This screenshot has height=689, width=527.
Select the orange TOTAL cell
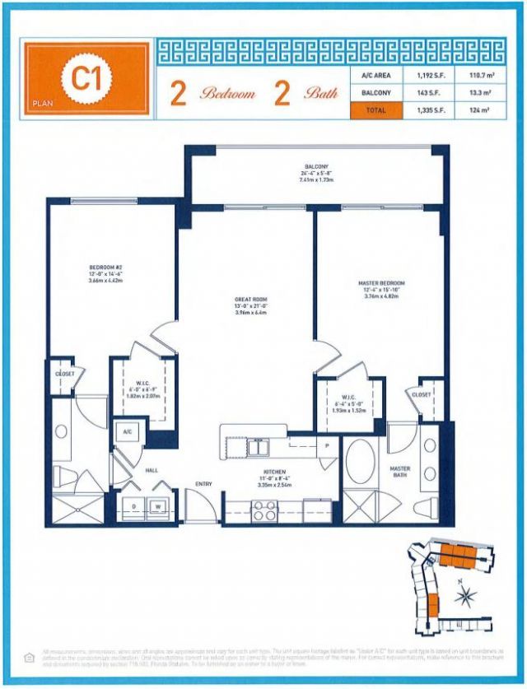click(376, 109)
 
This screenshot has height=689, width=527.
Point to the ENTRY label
click(204, 483)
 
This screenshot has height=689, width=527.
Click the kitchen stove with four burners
click(265, 511)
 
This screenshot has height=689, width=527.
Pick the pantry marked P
click(326, 445)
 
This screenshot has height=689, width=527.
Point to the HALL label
click(151, 469)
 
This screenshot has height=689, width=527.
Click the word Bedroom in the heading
click(226, 94)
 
